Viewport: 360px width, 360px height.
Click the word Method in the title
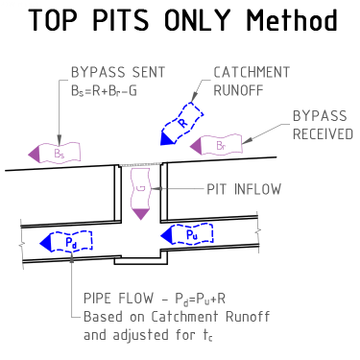292,20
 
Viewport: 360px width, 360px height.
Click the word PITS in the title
121,20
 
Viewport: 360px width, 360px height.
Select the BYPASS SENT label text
118,72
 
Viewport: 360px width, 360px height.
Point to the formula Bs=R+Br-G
104,91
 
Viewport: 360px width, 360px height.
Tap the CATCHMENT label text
252,72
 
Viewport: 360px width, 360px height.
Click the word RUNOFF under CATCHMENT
238,90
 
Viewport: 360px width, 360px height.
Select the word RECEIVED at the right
323,134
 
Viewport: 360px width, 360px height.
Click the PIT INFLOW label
244,189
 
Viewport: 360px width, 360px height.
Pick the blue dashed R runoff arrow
181,124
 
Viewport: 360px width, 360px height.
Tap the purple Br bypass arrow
216,146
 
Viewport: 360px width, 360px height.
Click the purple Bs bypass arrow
55,154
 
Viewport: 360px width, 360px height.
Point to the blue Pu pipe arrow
187,235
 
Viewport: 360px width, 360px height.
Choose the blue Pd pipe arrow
66,242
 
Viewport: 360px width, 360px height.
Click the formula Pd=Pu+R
200,299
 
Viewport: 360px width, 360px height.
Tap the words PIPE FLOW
118,299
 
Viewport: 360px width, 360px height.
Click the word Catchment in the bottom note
184,317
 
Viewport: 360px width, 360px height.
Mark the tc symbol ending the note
207,336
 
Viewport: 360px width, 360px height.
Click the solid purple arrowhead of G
141,214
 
